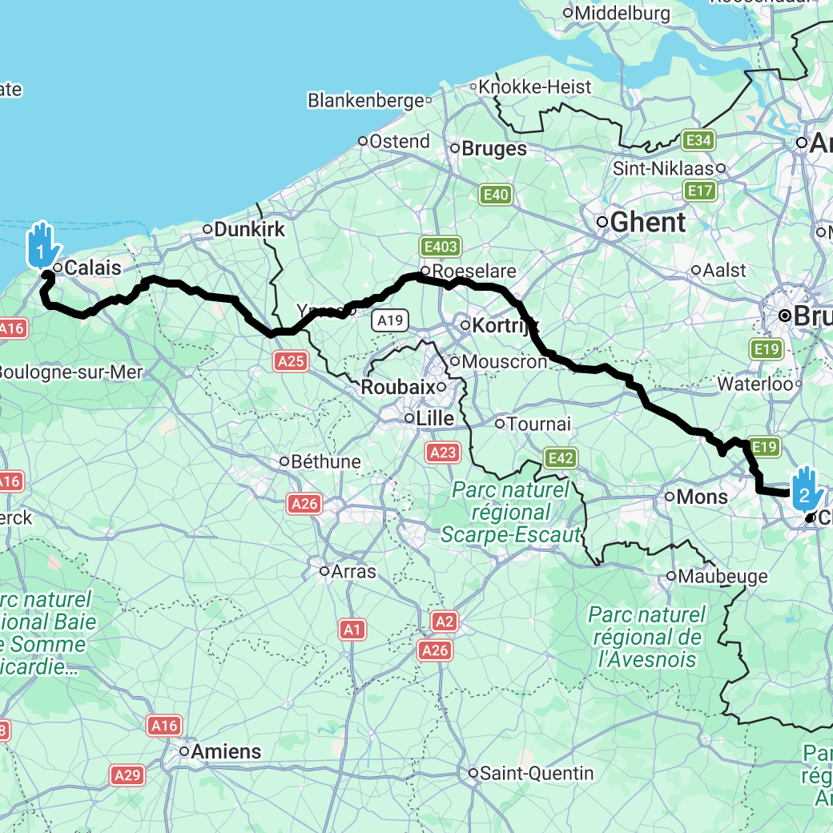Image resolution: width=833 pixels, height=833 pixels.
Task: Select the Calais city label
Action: tap(92, 268)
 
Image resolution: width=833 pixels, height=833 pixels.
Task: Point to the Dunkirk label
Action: tap(249, 229)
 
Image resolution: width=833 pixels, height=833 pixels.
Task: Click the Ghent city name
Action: tap(647, 222)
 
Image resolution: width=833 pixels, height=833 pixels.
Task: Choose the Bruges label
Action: tap(494, 149)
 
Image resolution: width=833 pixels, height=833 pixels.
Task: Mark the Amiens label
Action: tap(226, 751)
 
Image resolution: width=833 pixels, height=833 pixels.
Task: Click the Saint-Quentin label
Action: tap(537, 773)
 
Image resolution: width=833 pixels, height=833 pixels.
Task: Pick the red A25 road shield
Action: tap(290, 361)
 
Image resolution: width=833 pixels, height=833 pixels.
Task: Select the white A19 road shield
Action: tap(391, 321)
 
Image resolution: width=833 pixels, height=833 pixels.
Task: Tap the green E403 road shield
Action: tap(441, 247)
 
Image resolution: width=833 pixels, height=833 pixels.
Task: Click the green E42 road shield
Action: tap(561, 458)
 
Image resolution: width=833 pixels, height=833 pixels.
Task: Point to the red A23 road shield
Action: tap(442, 453)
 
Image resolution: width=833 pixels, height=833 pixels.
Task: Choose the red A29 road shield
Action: tap(127, 775)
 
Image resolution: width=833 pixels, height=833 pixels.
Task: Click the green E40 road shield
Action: tap(496, 194)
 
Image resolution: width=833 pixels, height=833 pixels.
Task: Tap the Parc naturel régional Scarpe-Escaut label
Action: tap(510, 513)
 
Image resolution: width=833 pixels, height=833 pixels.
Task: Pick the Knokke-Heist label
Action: tap(535, 87)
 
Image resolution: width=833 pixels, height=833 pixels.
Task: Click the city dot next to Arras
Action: tap(324, 571)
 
